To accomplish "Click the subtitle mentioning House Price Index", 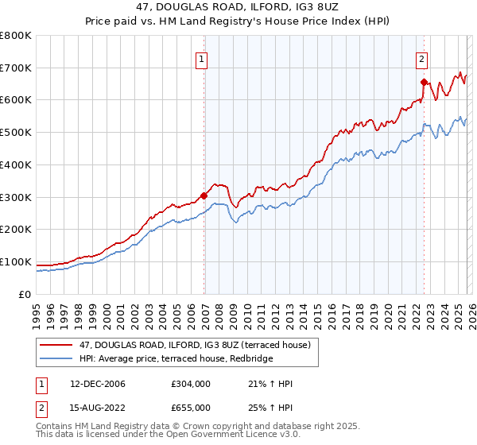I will (x=238, y=22).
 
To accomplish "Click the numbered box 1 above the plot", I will (x=201, y=58).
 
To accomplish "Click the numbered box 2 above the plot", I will (x=421, y=58).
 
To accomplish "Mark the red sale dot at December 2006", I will (x=204, y=195).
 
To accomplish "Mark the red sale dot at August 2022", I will (x=424, y=82).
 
